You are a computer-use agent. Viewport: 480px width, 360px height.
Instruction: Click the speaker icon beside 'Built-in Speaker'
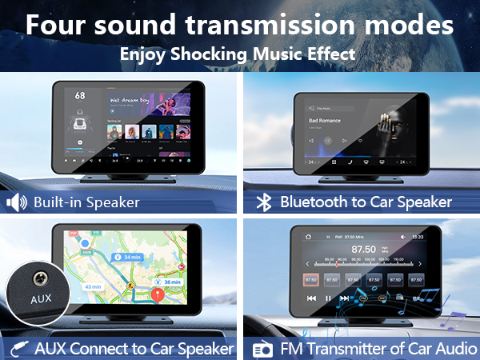pos(16,202)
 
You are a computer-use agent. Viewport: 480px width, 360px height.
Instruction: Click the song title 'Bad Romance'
pos(325,121)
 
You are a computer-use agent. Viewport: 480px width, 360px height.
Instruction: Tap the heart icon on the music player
pos(361,141)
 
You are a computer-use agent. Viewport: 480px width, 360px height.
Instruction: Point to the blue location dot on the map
pos(84,243)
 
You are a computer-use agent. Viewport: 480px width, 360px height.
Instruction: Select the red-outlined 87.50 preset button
pos(312,280)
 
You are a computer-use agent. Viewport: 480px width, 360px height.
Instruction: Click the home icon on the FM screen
pos(306,238)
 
